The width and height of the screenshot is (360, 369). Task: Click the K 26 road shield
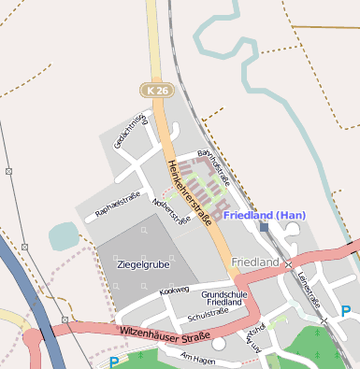point(156,90)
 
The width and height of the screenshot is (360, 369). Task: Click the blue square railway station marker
point(264,227)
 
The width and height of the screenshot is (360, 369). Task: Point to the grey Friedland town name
point(255,263)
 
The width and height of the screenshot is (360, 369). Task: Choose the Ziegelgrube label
point(142,265)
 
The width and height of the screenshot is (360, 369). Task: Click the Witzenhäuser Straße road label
point(164,330)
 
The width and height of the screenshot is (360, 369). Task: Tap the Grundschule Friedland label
point(224,299)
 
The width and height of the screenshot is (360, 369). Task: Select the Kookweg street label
point(174,291)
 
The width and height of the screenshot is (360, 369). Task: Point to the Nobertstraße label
point(171,211)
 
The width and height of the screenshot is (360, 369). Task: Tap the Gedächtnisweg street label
point(132,130)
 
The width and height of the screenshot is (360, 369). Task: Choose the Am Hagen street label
point(197,359)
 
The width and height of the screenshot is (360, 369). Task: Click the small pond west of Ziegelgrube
point(64,235)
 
